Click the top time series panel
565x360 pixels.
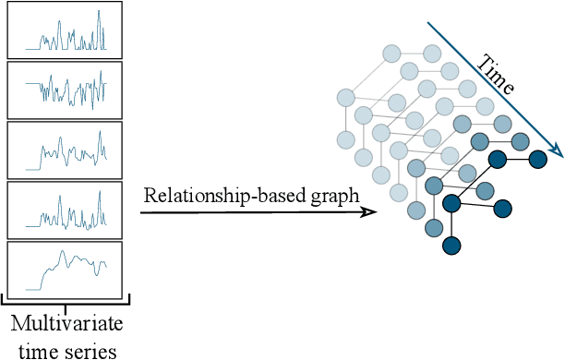click(x=65, y=30)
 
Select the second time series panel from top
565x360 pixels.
click(x=65, y=90)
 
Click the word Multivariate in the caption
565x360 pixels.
click(x=66, y=325)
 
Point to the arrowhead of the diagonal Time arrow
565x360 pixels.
click(x=557, y=153)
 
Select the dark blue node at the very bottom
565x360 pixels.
click(x=451, y=245)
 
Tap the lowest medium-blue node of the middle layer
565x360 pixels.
click(x=432, y=226)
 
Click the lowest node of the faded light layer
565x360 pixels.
click(x=398, y=192)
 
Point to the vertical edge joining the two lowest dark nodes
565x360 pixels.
click(x=451, y=223)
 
